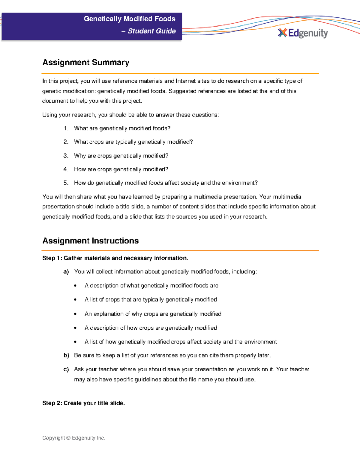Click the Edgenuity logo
point(303,33)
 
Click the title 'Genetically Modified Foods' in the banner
point(130,19)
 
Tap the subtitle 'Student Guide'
point(151,31)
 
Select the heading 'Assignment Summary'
point(86,62)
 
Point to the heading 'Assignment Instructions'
point(90,241)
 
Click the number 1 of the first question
point(66,128)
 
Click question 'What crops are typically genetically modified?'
point(133,142)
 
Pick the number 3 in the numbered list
point(66,156)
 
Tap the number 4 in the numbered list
point(66,169)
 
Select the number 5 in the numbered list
point(66,183)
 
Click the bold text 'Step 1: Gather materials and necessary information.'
point(115,258)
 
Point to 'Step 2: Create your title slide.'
point(83,403)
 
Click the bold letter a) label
point(66,272)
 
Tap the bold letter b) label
point(66,355)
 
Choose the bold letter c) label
point(66,369)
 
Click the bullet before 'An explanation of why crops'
point(75,314)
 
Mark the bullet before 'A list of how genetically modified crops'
point(75,342)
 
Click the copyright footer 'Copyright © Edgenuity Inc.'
point(73,438)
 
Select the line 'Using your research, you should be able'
point(130,115)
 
